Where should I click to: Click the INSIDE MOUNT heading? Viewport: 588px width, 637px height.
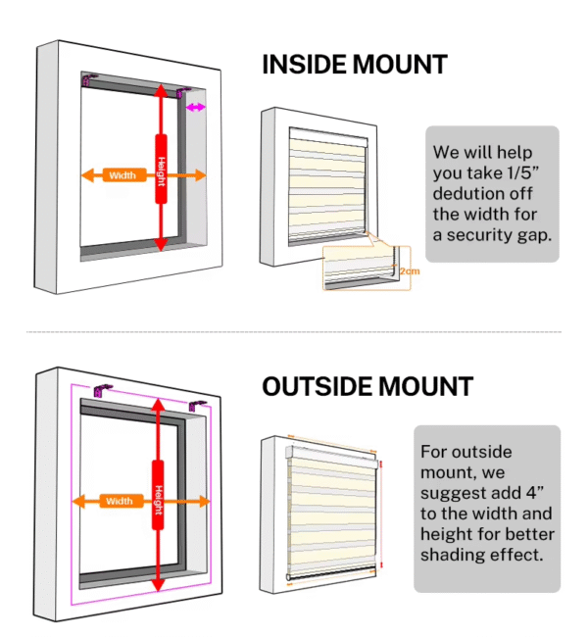pyautogui.click(x=355, y=65)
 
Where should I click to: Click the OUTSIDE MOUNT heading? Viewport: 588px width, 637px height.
pyautogui.click(x=367, y=386)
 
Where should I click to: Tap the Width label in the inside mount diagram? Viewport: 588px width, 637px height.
pyautogui.click(x=122, y=175)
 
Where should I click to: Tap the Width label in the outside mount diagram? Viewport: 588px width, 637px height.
pyautogui.click(x=120, y=501)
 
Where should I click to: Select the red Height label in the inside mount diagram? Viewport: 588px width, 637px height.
pyautogui.click(x=162, y=169)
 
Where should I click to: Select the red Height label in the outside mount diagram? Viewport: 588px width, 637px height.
pyautogui.click(x=158, y=495)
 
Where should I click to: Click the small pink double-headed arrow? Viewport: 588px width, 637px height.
pyautogui.click(x=196, y=108)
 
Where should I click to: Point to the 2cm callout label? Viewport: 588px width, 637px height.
pyautogui.click(x=410, y=270)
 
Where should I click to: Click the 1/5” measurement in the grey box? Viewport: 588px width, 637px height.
pyautogui.click(x=523, y=173)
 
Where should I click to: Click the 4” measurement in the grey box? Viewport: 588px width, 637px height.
pyautogui.click(x=535, y=493)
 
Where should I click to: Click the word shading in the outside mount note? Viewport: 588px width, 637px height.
pyautogui.click(x=454, y=555)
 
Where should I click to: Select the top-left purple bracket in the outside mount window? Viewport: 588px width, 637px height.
pyautogui.click(x=102, y=390)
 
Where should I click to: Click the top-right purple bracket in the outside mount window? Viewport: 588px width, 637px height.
pyautogui.click(x=197, y=406)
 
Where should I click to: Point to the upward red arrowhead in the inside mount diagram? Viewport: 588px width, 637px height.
pyautogui.click(x=162, y=90)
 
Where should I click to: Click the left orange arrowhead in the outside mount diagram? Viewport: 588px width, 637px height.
pyautogui.click(x=78, y=502)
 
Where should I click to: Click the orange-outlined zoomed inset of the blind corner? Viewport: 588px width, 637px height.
pyautogui.click(x=367, y=268)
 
